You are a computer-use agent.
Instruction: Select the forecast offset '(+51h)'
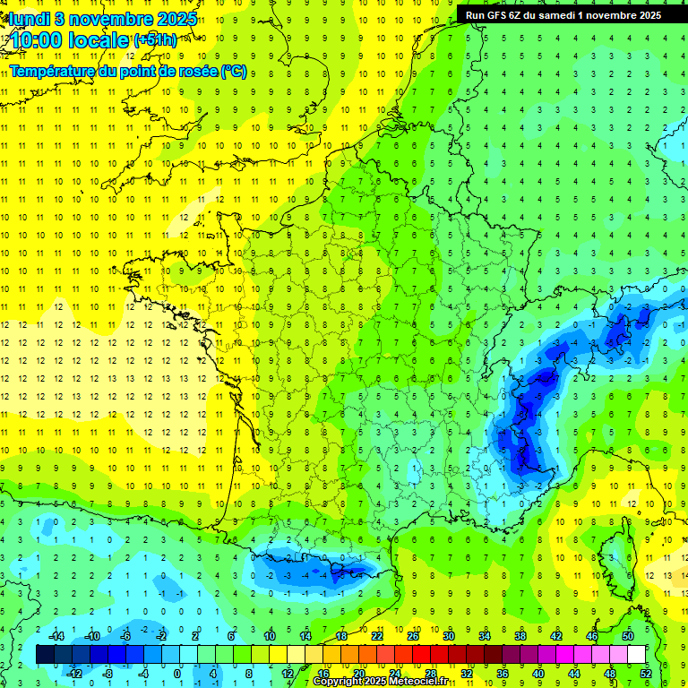pos(155,40)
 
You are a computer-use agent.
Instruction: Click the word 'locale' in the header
pos(101,40)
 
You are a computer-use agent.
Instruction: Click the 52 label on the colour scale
pos(646,673)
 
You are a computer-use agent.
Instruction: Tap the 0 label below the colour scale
pos(177,673)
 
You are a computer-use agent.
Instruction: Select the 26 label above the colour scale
pos(413,635)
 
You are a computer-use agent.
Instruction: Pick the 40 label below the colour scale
pos(538,673)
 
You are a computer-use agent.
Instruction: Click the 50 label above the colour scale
pos(628,635)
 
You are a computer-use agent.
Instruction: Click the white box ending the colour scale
pos(637,654)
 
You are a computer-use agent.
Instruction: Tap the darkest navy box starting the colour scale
pos(46,654)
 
